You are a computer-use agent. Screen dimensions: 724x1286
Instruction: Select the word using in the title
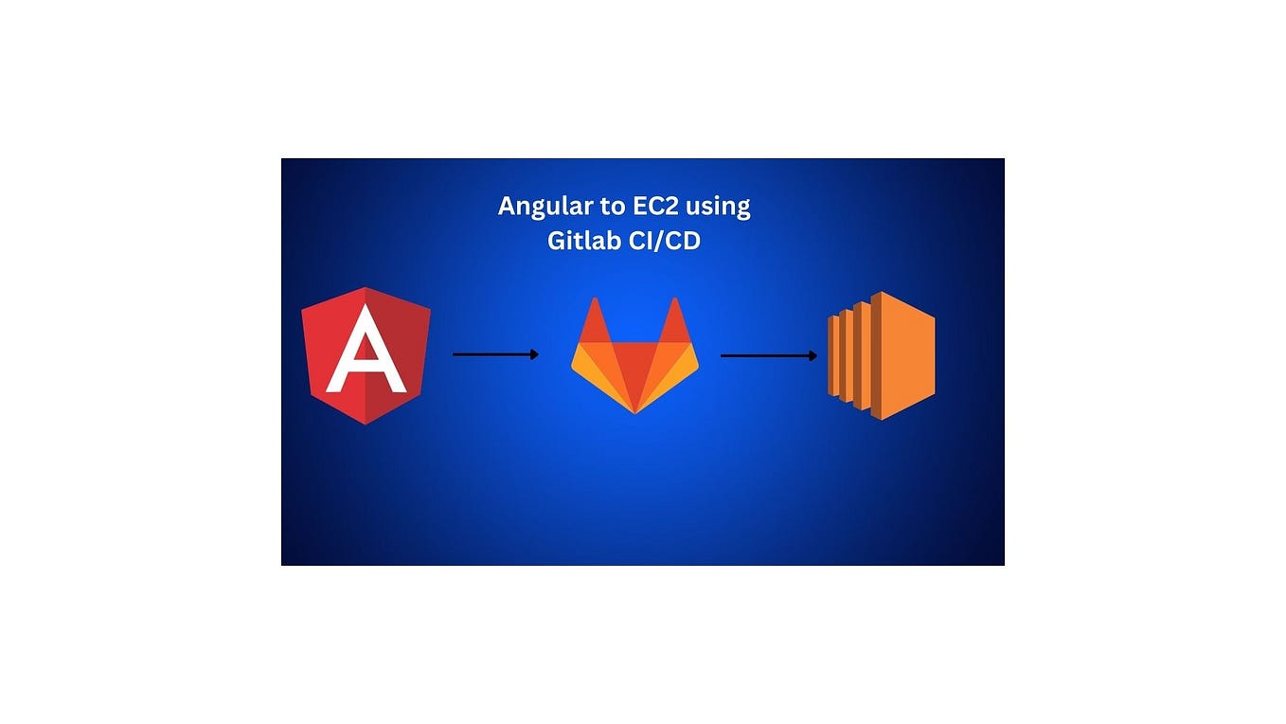click(718, 207)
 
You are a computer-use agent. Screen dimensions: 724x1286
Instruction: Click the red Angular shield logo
click(366, 355)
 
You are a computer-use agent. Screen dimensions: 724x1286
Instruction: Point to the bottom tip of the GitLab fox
click(634, 410)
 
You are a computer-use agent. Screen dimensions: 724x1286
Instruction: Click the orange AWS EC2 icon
click(882, 355)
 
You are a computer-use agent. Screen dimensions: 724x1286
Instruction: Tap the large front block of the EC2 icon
click(903, 355)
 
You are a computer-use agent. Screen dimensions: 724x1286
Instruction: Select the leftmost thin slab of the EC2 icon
click(832, 355)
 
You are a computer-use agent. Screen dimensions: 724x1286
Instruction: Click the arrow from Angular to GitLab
click(495, 354)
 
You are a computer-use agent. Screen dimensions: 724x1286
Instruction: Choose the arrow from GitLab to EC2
click(768, 356)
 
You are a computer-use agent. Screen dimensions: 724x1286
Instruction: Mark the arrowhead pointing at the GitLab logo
click(535, 354)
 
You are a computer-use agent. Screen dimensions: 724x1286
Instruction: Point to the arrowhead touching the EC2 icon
click(813, 356)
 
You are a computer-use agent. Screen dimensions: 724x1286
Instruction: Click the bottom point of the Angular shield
click(366, 422)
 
